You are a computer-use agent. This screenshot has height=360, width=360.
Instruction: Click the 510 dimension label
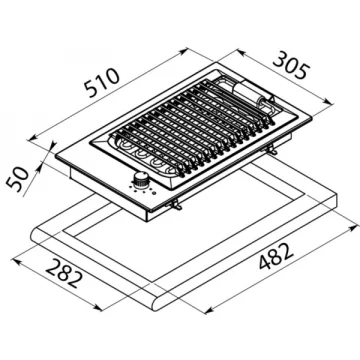102,83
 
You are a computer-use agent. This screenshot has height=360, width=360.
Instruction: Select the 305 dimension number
291,65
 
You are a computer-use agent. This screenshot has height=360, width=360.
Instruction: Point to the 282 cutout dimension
63,273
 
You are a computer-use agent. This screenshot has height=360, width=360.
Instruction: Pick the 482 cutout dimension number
276,256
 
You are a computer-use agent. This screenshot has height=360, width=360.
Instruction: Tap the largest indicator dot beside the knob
154,193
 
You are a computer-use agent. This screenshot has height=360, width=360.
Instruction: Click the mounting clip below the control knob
175,206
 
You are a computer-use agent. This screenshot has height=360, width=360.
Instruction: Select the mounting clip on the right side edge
272,151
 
